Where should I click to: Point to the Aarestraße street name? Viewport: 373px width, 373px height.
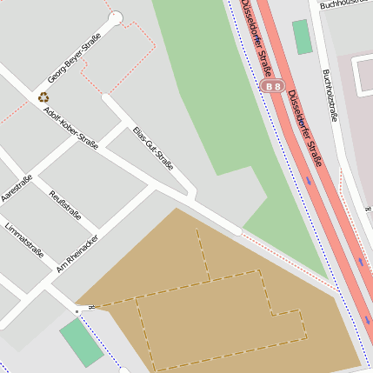[x=17, y=190]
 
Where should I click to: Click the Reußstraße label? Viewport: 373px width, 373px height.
[x=66, y=204]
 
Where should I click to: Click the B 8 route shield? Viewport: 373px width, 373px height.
[x=273, y=86]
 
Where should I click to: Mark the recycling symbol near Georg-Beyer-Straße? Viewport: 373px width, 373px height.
[x=43, y=97]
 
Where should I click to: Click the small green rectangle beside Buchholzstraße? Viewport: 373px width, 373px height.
[x=302, y=37]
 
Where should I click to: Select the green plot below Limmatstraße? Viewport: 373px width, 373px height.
[x=81, y=343]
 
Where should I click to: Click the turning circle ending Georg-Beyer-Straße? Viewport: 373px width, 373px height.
[x=116, y=17]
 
